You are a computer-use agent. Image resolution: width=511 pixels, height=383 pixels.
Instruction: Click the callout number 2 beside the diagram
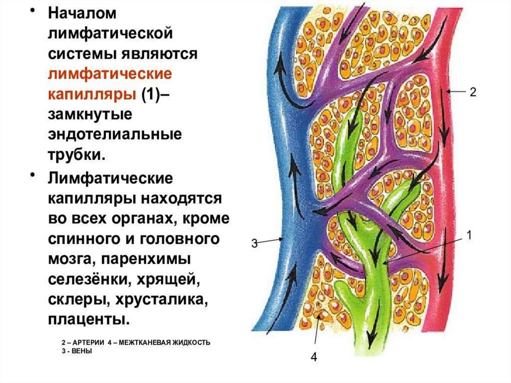[473, 92]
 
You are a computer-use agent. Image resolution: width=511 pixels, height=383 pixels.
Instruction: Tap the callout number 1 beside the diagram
[469, 235]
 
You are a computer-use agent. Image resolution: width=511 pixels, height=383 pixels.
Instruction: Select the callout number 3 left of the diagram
[254, 244]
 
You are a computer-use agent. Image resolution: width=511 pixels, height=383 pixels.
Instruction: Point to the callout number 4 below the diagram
[314, 357]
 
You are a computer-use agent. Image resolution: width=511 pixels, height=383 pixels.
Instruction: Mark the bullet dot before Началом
[35, 10]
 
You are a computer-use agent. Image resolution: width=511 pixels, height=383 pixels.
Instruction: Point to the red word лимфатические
[110, 74]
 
